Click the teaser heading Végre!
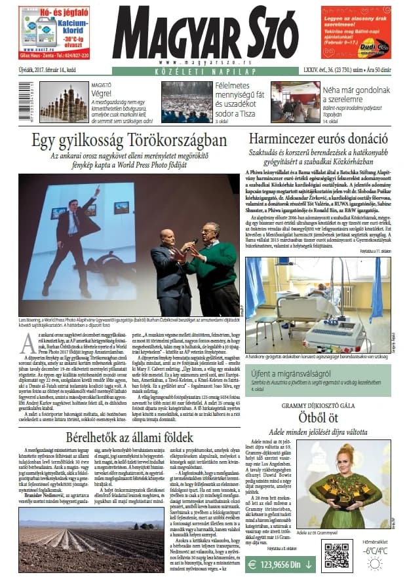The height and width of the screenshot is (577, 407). point(82,93)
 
